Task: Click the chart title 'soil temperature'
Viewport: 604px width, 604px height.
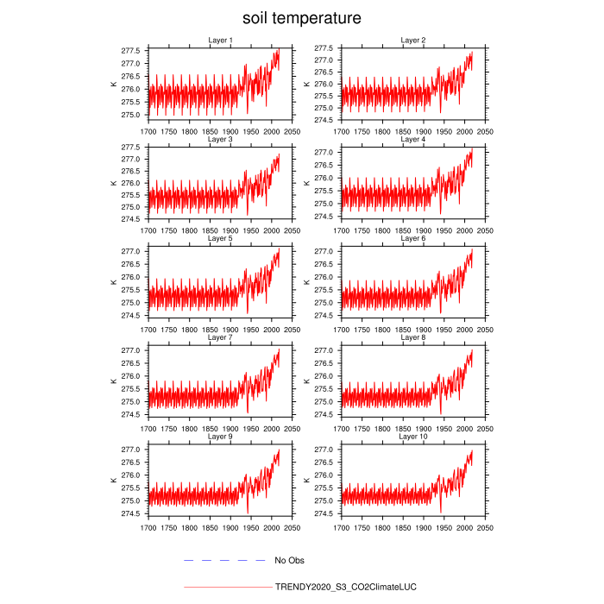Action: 301,17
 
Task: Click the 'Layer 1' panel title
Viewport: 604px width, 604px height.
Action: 220,40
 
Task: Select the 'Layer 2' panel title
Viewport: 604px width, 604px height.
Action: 413,40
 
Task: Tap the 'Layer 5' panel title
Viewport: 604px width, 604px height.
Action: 220,238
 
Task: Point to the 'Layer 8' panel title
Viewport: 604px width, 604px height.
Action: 413,337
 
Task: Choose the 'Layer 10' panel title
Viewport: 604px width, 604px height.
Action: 413,437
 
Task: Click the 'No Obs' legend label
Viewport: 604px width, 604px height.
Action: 289,561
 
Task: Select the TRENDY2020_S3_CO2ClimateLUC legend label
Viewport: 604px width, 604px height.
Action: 345,587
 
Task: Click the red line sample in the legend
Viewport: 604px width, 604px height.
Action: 227,587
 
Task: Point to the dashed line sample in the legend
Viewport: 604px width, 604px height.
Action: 224,561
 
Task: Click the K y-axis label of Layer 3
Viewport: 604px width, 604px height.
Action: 113,183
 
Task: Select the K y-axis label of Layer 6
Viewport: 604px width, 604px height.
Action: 306,282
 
